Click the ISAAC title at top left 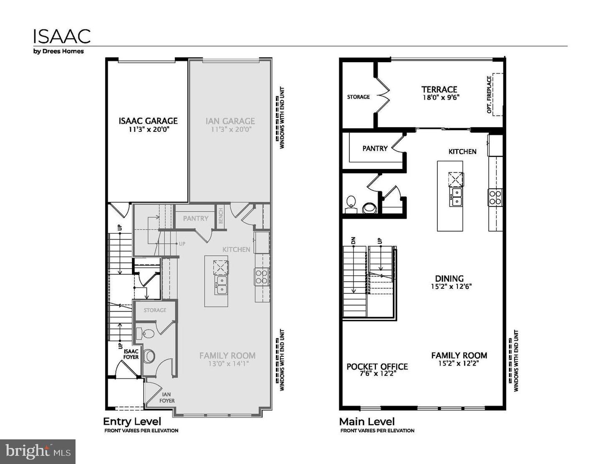point(62,36)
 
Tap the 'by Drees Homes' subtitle point(58,51)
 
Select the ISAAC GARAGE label point(148,121)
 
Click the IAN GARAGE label point(230,121)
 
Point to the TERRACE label point(439,89)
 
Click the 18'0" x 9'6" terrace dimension point(441,98)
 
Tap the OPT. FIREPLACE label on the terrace point(489,94)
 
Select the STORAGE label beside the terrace point(358,97)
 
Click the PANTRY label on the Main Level point(375,148)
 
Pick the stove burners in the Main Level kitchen point(495,197)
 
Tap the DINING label point(449,278)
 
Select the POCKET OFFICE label point(377,366)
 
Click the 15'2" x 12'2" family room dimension point(458,363)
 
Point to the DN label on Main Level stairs point(353,241)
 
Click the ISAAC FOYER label point(131,354)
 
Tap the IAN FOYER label point(167,397)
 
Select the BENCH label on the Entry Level point(221,216)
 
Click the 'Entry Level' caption point(132,421)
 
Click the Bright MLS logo point(38,451)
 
